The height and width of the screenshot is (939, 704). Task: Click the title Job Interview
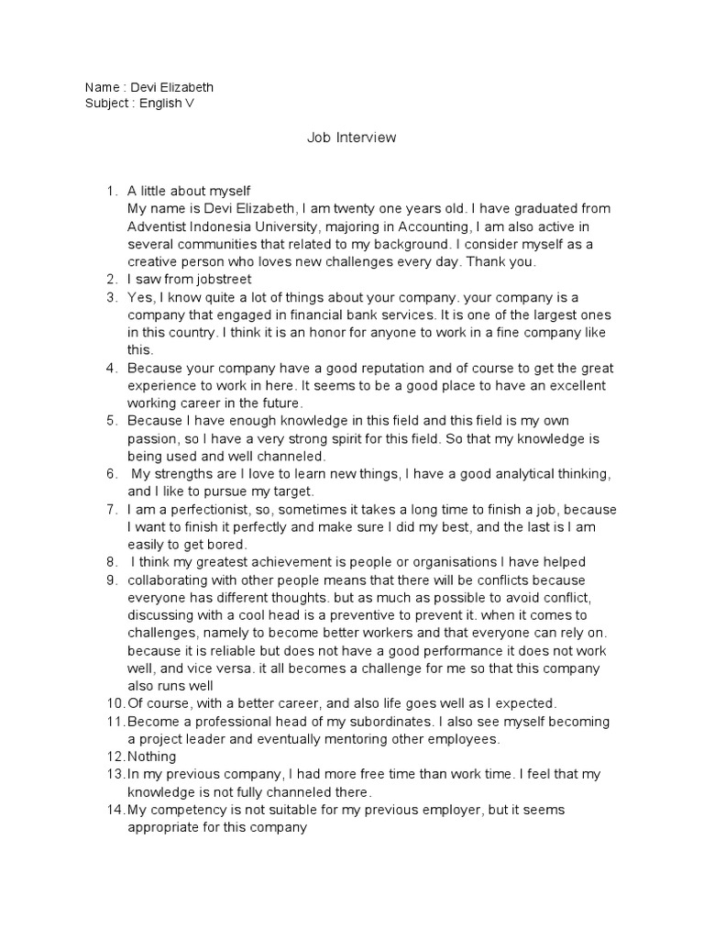(x=351, y=138)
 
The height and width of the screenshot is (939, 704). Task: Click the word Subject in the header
(x=107, y=104)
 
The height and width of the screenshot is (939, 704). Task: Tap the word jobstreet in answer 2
(x=220, y=279)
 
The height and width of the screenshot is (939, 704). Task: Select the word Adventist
(x=159, y=226)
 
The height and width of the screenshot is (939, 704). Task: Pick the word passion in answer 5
(x=150, y=438)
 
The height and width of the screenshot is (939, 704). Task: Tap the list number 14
(x=115, y=810)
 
